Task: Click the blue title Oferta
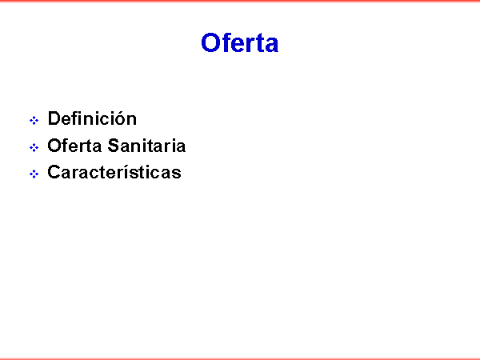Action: click(x=240, y=42)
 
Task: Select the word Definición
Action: click(x=92, y=118)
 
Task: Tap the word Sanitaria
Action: click(x=146, y=146)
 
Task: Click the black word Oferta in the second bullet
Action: click(x=74, y=146)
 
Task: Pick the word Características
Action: click(x=114, y=172)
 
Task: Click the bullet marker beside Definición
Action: click(x=34, y=120)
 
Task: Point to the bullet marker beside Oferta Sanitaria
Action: click(x=34, y=147)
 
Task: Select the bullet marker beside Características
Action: click(x=34, y=174)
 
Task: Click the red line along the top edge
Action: click(x=240, y=1)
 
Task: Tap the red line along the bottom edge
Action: click(x=240, y=358)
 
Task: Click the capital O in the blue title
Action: click(x=210, y=42)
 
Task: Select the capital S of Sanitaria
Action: click(x=114, y=146)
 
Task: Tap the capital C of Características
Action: click(x=54, y=172)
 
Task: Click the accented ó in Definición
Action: click(x=120, y=118)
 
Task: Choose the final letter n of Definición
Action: click(x=132, y=120)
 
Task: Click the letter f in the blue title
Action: click(x=226, y=42)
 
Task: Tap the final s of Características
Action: click(x=176, y=174)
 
